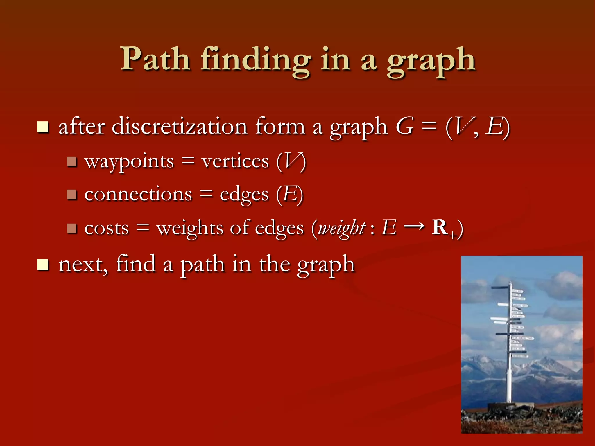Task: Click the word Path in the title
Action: (x=155, y=60)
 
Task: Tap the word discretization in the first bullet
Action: (x=179, y=127)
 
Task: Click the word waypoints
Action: (x=129, y=162)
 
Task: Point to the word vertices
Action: (x=235, y=161)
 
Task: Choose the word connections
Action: (x=138, y=194)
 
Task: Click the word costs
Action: (x=106, y=228)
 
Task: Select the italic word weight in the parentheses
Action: (x=341, y=228)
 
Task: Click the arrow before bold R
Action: (x=414, y=226)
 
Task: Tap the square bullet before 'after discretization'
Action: (x=43, y=127)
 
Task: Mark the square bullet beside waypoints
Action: (x=71, y=161)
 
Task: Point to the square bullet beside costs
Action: (x=71, y=228)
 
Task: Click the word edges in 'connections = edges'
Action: (x=244, y=195)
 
